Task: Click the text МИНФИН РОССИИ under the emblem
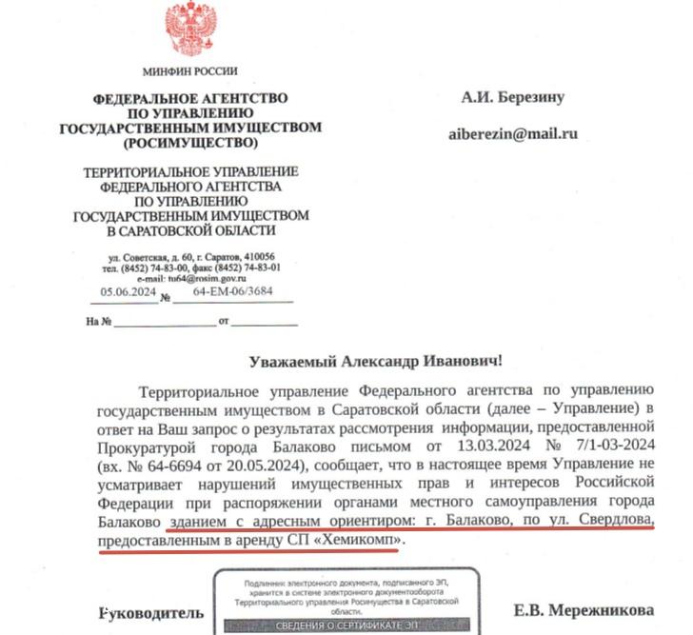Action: coord(190,71)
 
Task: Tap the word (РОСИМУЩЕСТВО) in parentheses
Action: coord(190,143)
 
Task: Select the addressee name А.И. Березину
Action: coord(513,97)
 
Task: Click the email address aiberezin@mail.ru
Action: coord(513,134)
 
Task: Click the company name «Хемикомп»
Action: coord(362,540)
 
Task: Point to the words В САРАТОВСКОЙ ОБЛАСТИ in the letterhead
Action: coord(190,230)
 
